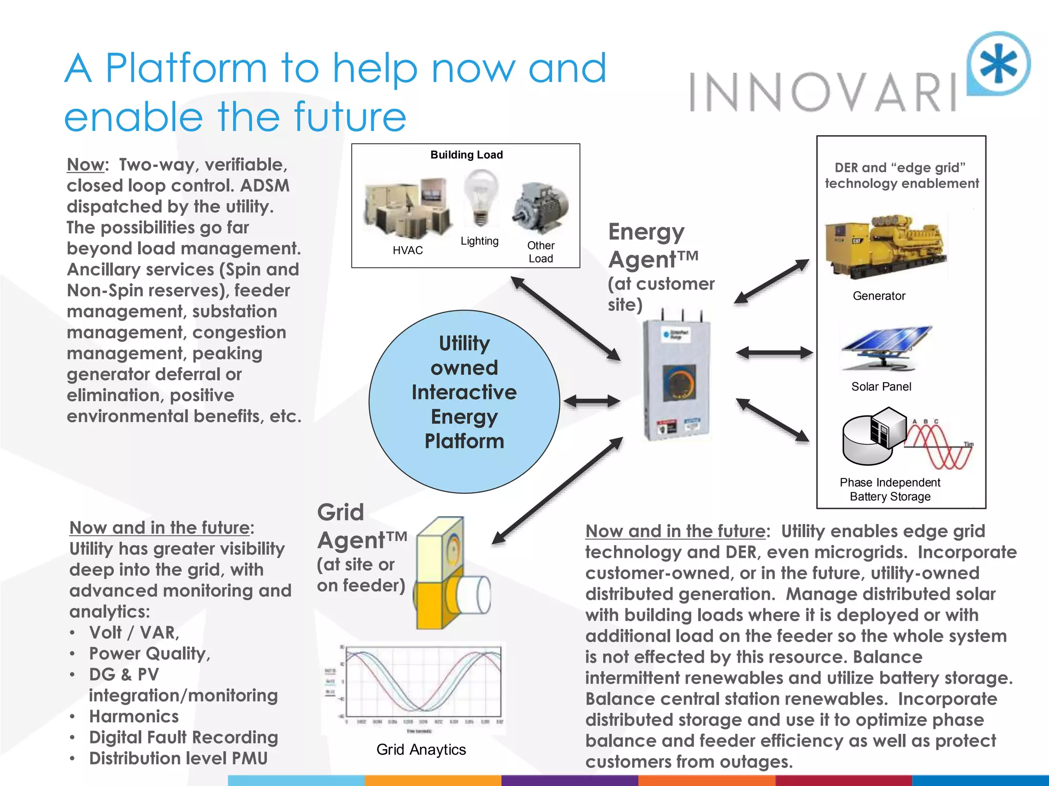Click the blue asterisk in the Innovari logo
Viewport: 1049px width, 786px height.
click(x=999, y=64)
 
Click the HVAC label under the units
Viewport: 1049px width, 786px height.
click(x=408, y=250)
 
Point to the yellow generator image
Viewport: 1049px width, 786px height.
click(x=885, y=247)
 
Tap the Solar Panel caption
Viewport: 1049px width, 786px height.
click(x=881, y=387)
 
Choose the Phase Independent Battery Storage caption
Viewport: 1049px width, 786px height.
click(x=890, y=490)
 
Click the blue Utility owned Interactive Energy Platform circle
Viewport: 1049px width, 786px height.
click(x=464, y=401)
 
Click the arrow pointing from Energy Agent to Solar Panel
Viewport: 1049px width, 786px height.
click(x=774, y=353)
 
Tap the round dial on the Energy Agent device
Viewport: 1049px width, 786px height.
click(x=678, y=383)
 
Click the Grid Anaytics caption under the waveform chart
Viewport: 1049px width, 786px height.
click(x=421, y=750)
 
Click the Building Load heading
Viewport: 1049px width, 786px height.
click(x=467, y=155)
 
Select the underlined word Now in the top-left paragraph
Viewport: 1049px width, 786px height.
click(x=86, y=165)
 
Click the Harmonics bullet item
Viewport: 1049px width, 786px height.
click(x=134, y=716)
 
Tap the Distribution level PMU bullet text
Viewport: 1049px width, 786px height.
click(x=178, y=758)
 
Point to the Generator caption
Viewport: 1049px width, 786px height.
click(x=879, y=296)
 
